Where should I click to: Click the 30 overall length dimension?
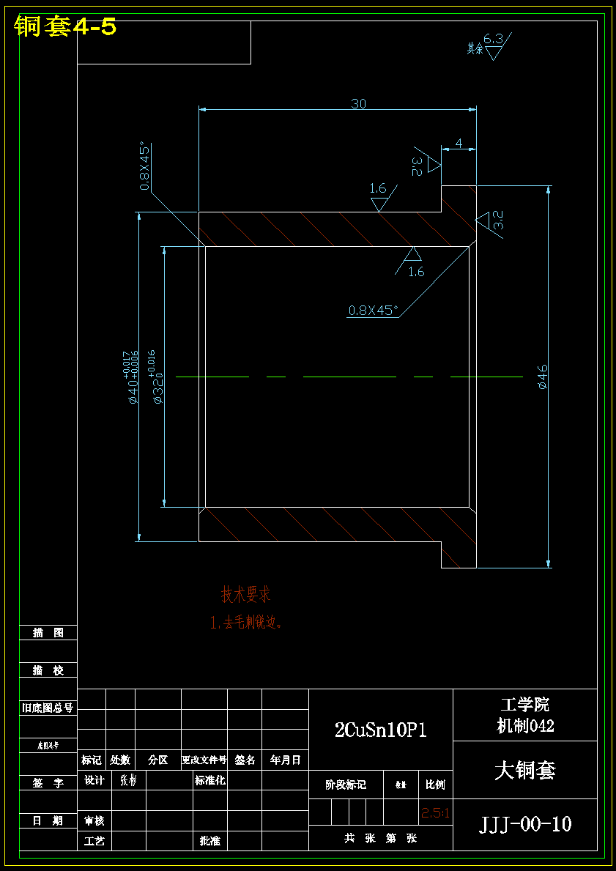358,104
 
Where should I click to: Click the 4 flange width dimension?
459,144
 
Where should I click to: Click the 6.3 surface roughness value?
493,38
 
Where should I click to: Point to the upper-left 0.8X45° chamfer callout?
145,166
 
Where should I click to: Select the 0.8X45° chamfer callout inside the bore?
373,310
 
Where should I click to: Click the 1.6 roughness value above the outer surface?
378,189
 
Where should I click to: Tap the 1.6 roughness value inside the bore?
416,272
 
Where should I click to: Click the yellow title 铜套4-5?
65,27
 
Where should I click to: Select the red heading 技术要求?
246,594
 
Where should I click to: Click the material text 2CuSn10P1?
380,730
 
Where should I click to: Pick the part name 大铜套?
525,770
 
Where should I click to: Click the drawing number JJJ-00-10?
525,824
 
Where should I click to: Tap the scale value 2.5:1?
435,813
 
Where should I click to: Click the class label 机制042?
525,726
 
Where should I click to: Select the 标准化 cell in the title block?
210,781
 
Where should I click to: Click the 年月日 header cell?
286,760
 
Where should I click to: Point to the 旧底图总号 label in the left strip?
48,708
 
